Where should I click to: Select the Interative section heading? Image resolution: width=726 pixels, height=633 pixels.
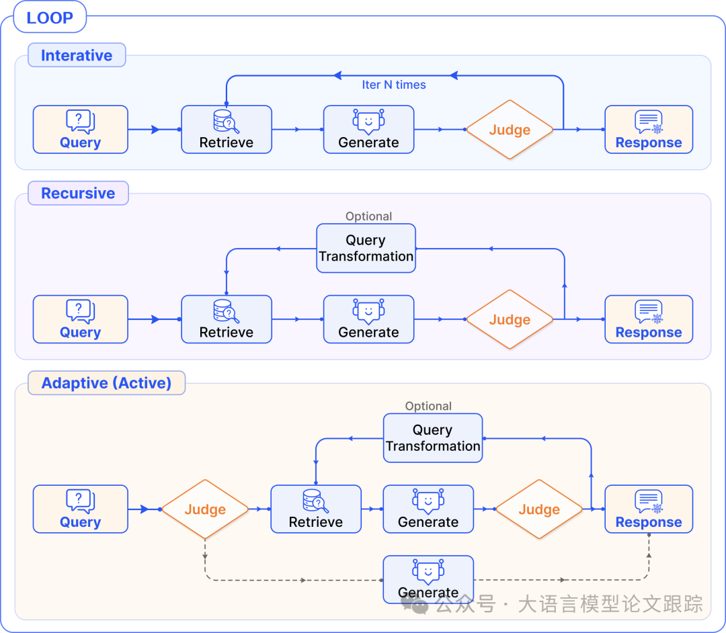point(77,55)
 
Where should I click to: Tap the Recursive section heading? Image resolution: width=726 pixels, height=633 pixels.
point(78,193)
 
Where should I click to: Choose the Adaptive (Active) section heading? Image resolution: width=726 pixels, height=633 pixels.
point(106,383)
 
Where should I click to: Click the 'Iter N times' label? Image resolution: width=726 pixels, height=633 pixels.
point(394,85)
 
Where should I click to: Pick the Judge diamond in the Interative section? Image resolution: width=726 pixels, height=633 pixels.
point(510,130)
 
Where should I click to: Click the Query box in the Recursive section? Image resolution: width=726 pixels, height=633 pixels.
point(80,320)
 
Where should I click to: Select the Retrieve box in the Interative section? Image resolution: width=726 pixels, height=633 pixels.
point(227,130)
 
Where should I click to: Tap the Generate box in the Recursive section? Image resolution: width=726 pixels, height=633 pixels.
point(368,320)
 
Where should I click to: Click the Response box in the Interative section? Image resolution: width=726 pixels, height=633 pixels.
point(649,130)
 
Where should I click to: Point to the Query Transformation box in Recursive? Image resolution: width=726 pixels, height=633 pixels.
point(366,248)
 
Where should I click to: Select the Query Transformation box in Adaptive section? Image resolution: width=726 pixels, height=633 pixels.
point(433,438)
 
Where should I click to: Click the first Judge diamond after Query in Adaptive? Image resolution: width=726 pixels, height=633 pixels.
point(205,509)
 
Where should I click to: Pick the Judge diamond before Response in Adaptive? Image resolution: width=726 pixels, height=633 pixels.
point(539,509)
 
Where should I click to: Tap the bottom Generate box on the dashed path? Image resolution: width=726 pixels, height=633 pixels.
point(428,579)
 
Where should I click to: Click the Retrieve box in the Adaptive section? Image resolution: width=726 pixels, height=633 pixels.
point(316,509)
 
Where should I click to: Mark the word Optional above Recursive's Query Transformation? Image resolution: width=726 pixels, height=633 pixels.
point(368,216)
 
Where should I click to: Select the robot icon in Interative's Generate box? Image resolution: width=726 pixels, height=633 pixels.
point(368,121)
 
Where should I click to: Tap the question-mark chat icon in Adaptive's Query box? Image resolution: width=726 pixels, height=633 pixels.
point(80,501)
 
